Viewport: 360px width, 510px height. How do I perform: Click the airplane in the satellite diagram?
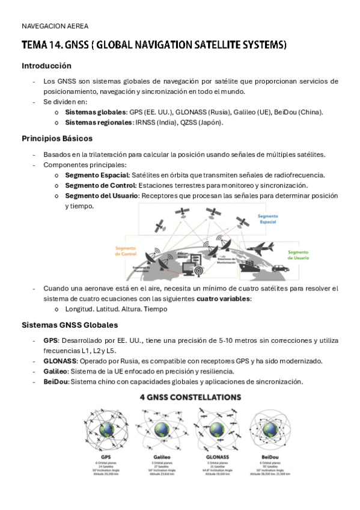[261, 247]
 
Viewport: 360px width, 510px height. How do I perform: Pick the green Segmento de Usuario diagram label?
[297, 255]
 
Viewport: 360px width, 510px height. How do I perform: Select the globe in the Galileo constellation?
[161, 429]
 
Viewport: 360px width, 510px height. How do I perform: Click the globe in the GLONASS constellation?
[215, 429]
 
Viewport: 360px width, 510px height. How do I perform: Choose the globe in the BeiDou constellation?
[270, 429]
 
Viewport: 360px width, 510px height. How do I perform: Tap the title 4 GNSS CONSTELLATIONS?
[191, 398]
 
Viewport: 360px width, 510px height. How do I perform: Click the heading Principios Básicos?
[56, 138]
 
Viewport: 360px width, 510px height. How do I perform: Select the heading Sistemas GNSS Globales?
[70, 325]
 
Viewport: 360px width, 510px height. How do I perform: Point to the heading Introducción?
[46, 66]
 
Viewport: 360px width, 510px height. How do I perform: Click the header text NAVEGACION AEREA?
[55, 26]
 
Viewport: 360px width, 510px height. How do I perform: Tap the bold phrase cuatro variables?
[224, 299]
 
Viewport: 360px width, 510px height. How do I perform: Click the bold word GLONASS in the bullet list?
[60, 361]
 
